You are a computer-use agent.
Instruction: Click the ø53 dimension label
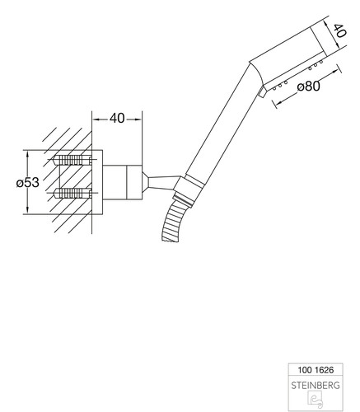coord(28,182)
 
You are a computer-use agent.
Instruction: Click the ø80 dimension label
coord(309,87)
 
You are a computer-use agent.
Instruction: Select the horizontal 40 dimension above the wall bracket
coord(117,119)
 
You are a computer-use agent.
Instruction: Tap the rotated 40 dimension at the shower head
coord(339,30)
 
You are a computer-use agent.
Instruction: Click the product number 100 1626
coord(316,370)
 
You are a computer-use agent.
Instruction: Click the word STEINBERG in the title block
coord(316,386)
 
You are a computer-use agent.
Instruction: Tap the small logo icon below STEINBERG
coord(316,399)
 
